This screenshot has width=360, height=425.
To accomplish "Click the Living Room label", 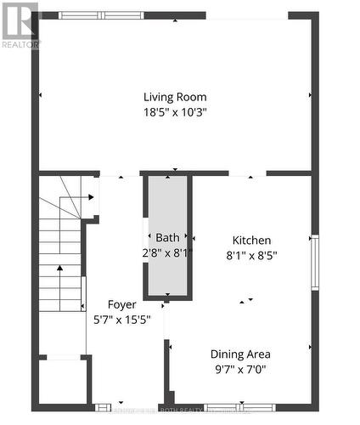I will (174, 97).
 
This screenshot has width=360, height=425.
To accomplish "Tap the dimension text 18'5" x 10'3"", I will (174, 111).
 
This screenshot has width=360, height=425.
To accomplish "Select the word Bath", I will (167, 238).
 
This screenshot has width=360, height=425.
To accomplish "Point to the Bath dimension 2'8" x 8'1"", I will (167, 252).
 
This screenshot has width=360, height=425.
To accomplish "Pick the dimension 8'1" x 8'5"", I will (251, 254).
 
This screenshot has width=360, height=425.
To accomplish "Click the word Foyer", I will (121, 304).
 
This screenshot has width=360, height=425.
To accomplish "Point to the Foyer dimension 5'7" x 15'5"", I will (121, 319).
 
